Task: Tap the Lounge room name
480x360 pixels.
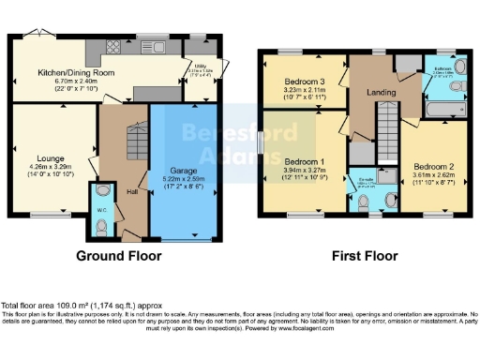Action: [x=51, y=159]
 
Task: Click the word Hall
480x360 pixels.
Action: [x=133, y=191]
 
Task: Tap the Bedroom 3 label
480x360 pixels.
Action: [x=304, y=82]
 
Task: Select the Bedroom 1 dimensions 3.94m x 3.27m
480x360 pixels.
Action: [x=304, y=170]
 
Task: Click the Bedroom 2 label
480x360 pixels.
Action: [x=432, y=166]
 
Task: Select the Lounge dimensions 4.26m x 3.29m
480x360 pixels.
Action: [x=51, y=169]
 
